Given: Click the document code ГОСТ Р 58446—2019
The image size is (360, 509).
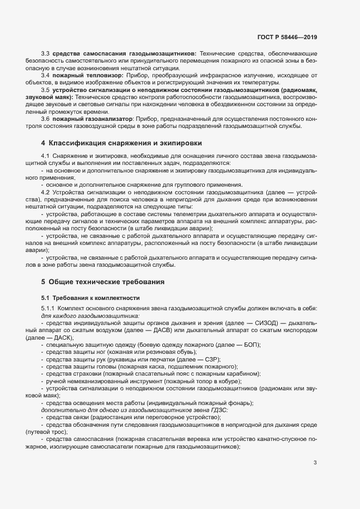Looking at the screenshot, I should (287, 38).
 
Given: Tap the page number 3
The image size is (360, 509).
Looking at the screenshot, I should (315, 463).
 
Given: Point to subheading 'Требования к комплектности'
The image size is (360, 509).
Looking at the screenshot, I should (91, 298).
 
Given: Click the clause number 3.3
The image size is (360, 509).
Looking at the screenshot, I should (46, 54).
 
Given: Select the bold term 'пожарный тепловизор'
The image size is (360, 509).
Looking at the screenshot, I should (86, 74).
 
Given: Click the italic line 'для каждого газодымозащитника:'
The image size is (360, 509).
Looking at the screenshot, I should (90, 315).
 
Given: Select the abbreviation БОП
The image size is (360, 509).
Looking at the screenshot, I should (248, 345).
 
